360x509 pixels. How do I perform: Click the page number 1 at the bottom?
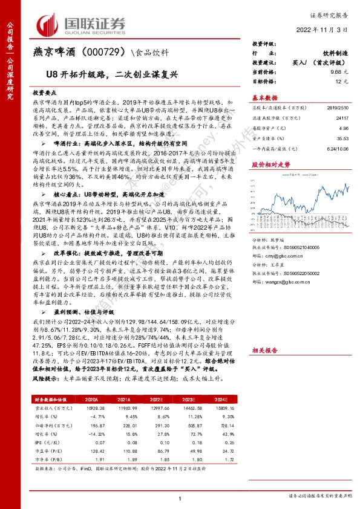point(180,498)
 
